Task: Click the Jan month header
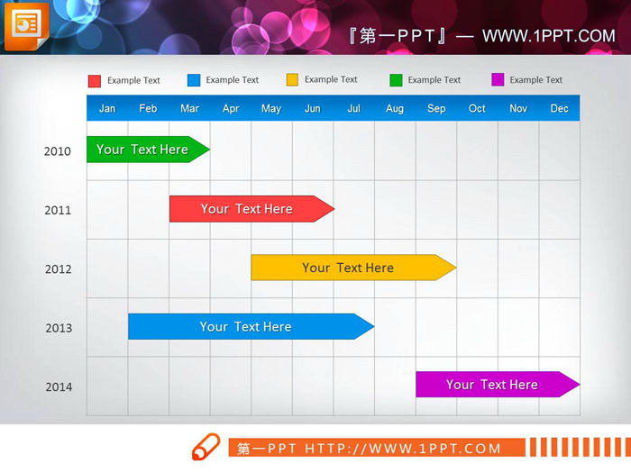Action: click(107, 109)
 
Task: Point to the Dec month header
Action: click(559, 109)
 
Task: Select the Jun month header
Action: click(313, 109)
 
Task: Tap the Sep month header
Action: click(436, 109)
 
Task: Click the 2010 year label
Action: click(58, 151)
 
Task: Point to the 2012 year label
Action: click(58, 269)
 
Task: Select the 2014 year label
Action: click(58, 387)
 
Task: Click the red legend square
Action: click(95, 81)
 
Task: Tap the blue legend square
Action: click(194, 80)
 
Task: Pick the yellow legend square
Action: click(292, 80)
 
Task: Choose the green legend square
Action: click(396, 80)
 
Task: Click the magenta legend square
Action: click(498, 80)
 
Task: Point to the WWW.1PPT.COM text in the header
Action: click(548, 36)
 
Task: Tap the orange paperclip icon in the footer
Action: click(206, 447)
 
